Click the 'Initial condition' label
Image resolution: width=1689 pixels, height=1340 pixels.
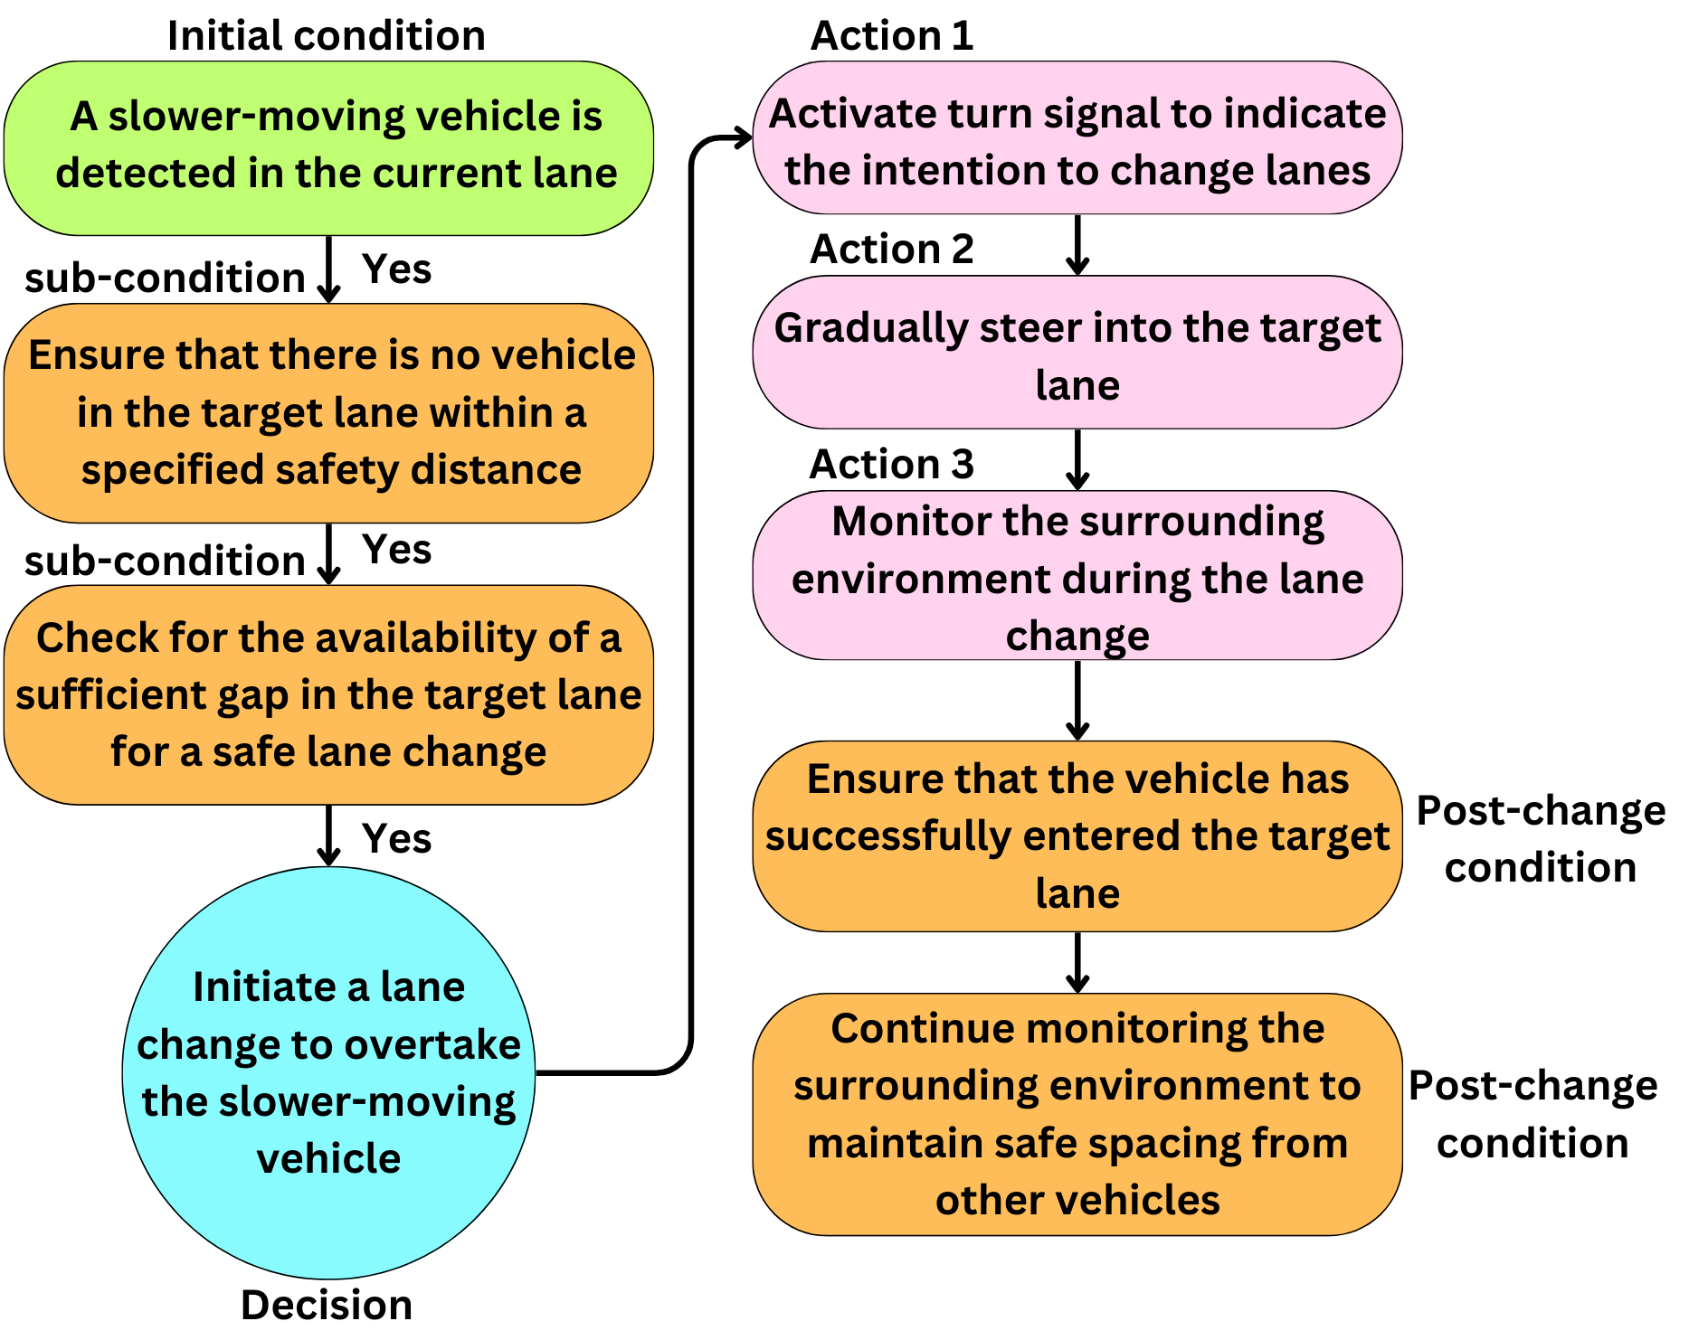click(x=326, y=36)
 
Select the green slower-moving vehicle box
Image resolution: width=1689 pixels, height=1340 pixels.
click(x=328, y=147)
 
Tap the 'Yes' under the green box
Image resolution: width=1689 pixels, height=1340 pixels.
click(x=396, y=269)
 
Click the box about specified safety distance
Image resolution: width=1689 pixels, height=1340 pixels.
click(x=328, y=412)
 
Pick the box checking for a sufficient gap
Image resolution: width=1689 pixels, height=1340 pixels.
click(x=328, y=694)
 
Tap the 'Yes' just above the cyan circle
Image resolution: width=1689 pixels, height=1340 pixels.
click(x=396, y=838)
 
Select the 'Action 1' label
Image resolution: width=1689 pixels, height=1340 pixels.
click(x=891, y=36)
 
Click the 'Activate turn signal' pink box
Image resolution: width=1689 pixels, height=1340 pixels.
click(x=1077, y=138)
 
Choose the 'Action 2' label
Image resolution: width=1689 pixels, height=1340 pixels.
click(x=891, y=249)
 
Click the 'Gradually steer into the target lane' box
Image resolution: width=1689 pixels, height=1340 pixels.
click(x=1077, y=353)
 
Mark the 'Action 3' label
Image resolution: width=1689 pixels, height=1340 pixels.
click(x=891, y=464)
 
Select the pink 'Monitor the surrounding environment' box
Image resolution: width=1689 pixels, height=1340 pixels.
click(x=1077, y=576)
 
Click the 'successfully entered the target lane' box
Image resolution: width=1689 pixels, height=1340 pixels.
click(x=1077, y=836)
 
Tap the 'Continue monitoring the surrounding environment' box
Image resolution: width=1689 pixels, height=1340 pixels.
click(x=1077, y=1114)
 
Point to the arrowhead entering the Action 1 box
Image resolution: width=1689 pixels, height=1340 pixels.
click(x=744, y=138)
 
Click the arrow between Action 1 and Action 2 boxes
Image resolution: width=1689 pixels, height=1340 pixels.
click(x=1077, y=245)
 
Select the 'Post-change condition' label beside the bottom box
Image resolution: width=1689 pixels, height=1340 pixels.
click(x=1532, y=1114)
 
